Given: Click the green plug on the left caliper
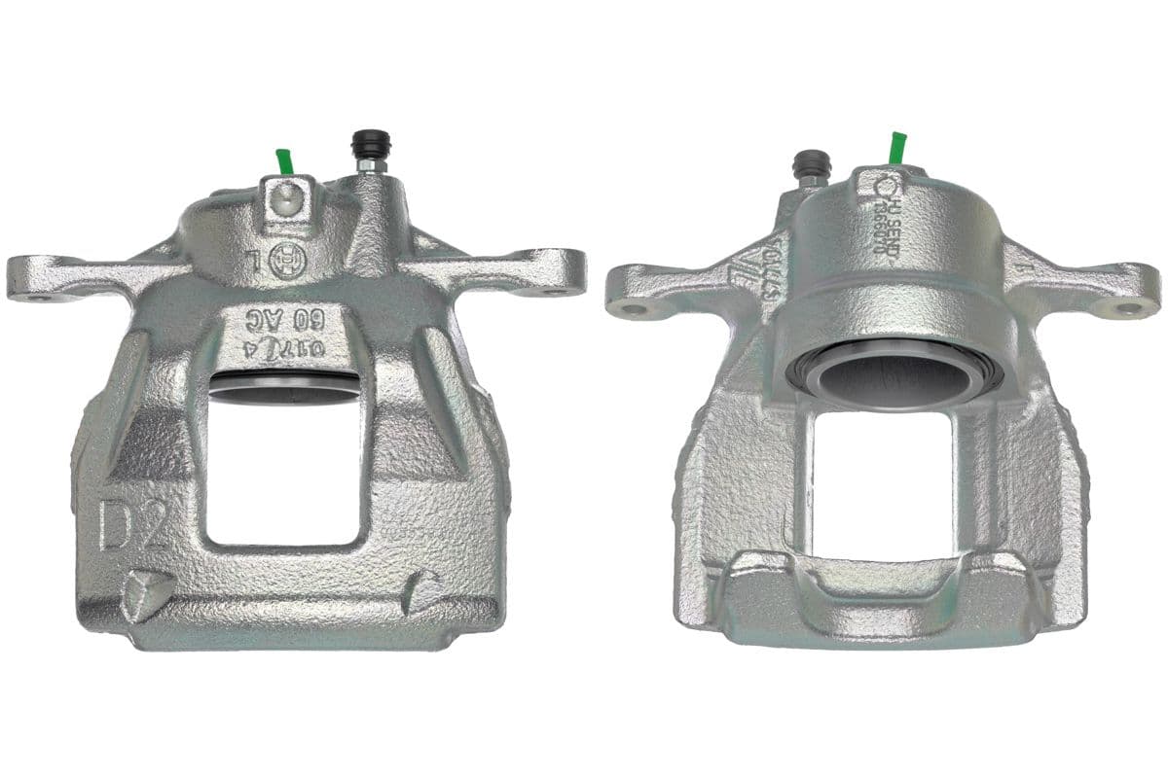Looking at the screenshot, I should click(284, 161).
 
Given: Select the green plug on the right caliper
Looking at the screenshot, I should click(896, 148).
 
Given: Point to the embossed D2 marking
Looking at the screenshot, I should click(135, 525).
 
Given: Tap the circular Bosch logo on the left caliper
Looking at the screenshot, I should click(283, 261).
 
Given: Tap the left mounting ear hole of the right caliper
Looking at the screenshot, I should click(636, 311).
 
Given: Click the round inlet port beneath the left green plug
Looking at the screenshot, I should click(281, 200).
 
